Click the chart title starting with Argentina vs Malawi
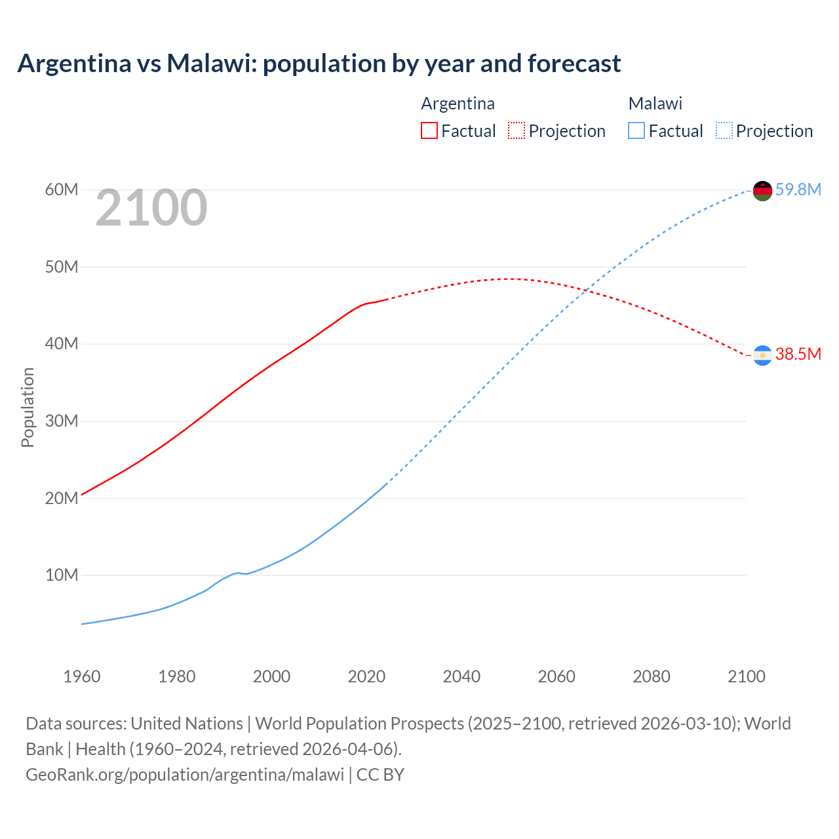[x=319, y=64]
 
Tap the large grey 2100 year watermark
[x=151, y=208]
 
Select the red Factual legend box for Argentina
[x=429, y=130]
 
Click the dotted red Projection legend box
[x=517, y=130]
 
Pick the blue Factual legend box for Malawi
[x=636, y=130]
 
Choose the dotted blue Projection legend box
[x=724, y=130]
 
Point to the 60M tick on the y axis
[x=62, y=189]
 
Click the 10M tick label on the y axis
[x=62, y=575]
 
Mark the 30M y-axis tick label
[x=62, y=421]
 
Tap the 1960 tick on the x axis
[x=82, y=676]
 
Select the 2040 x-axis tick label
[x=461, y=676]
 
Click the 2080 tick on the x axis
[x=652, y=676]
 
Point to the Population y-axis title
[x=28, y=407]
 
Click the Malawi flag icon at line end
[x=762, y=191]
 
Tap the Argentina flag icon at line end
[x=762, y=355]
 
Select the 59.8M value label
[x=798, y=189]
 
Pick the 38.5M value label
[x=798, y=355]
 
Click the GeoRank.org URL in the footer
[x=185, y=775]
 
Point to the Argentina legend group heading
[x=458, y=104]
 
